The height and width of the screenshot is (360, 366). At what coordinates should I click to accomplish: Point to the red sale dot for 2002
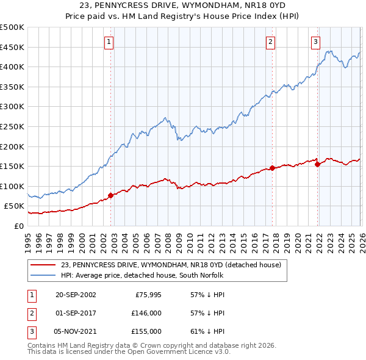coord(110,196)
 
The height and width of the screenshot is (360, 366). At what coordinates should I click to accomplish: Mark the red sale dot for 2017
coord(272,168)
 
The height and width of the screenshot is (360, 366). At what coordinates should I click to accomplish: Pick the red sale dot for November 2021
coord(317,164)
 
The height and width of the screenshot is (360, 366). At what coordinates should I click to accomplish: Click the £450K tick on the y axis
coord(12,47)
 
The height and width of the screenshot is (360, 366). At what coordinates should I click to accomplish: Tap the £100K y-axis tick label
coord(12,186)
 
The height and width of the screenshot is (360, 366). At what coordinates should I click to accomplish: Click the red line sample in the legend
coord(44,265)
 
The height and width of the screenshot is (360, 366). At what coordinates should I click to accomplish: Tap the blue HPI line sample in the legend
coord(44,276)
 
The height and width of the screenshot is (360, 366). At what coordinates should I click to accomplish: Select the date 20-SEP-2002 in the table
coord(76,295)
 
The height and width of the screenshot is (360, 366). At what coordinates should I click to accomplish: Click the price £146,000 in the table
coord(147,313)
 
